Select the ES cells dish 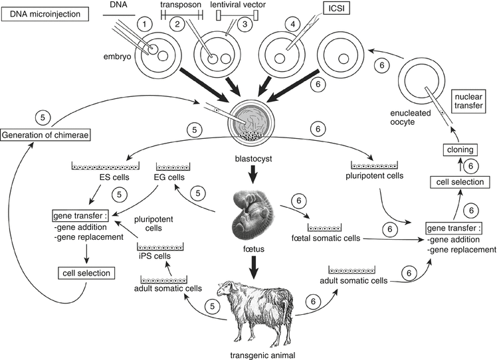click(104, 164)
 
